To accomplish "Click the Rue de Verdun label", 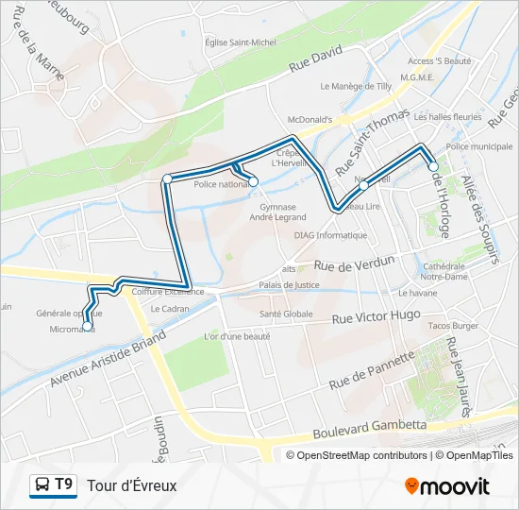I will [x=356, y=265].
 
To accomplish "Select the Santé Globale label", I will [x=286, y=314].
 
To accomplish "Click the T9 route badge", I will [x=64, y=484].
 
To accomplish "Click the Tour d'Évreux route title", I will [x=132, y=485].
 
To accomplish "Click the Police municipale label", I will [x=478, y=147].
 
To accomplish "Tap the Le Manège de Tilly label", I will [x=356, y=86].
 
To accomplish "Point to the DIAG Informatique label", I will [x=330, y=235].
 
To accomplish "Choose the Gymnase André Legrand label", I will [x=273, y=212].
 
